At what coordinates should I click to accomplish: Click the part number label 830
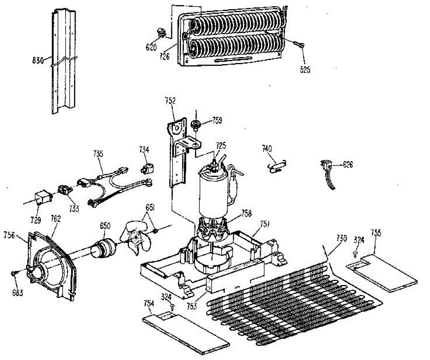(37, 61)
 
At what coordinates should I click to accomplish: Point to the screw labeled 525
(300, 44)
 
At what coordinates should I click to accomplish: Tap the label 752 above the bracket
(171, 101)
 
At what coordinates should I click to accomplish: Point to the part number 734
(145, 150)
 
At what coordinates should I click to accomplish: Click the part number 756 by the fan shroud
(9, 235)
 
